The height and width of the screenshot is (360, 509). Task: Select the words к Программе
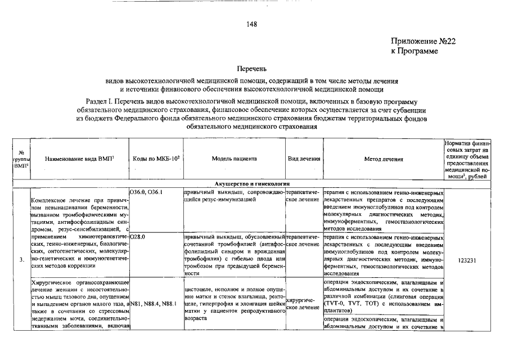[x=414, y=51]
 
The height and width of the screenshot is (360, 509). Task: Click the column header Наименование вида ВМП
[x=79, y=159]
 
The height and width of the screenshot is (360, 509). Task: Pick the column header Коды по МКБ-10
[x=156, y=159]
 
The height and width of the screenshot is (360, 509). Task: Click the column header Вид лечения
[x=304, y=159]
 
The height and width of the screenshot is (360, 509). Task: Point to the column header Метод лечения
[x=384, y=159]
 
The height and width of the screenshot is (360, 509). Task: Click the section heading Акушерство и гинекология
[x=251, y=184]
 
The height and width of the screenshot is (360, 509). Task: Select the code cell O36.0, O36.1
[x=146, y=192]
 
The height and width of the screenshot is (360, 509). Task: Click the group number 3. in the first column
[x=21, y=260]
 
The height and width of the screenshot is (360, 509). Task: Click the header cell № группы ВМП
[x=21, y=159]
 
